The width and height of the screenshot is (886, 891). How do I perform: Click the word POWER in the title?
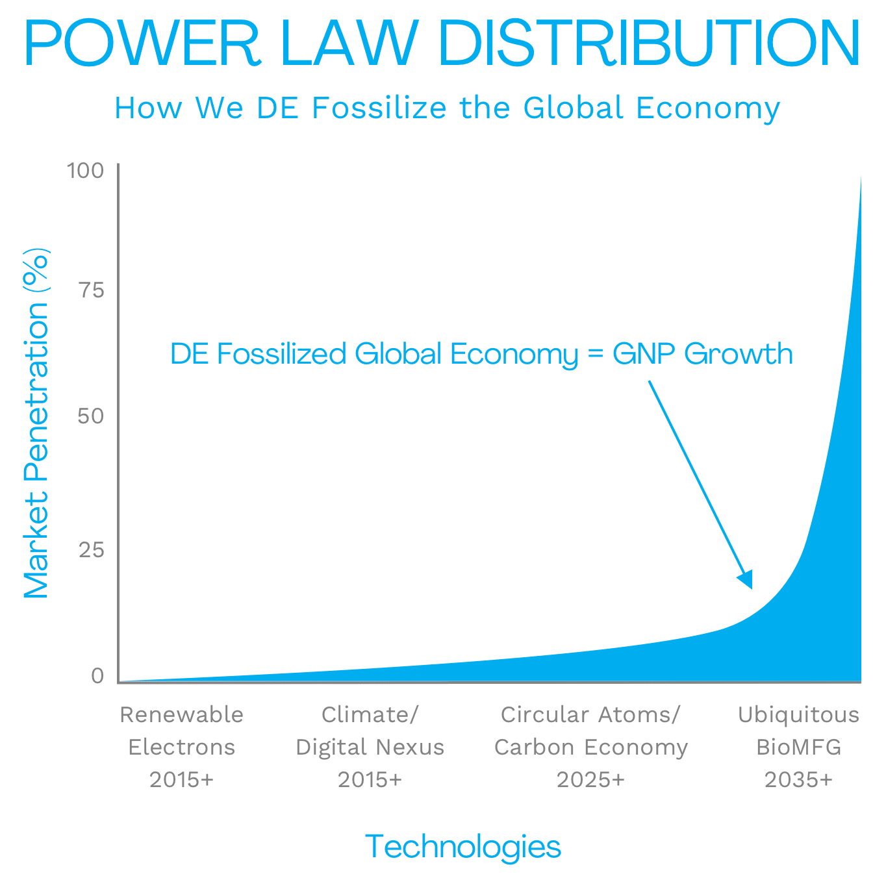pyautogui.click(x=142, y=43)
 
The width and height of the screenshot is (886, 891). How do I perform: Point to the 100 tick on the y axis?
pyautogui.click(x=86, y=170)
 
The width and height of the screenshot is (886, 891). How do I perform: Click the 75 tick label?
pyautogui.click(x=92, y=290)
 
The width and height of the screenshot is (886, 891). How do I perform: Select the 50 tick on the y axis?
pyautogui.click(x=91, y=416)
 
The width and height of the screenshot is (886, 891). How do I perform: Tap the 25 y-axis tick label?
pyautogui.click(x=92, y=550)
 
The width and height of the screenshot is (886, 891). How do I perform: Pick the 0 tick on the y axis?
pyautogui.click(x=97, y=676)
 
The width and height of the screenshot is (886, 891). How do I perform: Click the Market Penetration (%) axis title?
pyautogui.click(x=36, y=423)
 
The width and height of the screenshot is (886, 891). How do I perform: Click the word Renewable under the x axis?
pyautogui.click(x=181, y=714)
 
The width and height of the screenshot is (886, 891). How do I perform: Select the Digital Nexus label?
pyautogui.click(x=370, y=747)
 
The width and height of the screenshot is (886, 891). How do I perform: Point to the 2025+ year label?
pyautogui.click(x=590, y=779)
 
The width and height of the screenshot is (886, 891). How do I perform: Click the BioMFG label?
pyautogui.click(x=798, y=747)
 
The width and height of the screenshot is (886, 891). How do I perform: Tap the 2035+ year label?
pyautogui.click(x=798, y=779)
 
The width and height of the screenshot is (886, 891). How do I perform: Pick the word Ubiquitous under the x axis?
pyautogui.click(x=798, y=714)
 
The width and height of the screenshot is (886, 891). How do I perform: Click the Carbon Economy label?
pyautogui.click(x=590, y=747)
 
